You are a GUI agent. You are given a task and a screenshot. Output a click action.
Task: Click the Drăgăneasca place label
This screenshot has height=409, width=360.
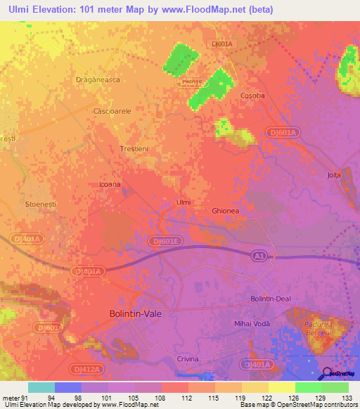[98, 80]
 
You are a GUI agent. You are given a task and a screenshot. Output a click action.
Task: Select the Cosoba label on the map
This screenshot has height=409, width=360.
[252, 96]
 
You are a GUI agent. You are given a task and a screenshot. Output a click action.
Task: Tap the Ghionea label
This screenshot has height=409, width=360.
[226, 211]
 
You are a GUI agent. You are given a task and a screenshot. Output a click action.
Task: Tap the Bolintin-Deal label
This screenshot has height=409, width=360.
[271, 299]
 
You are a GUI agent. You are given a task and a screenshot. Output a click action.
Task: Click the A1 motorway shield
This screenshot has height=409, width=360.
[259, 257]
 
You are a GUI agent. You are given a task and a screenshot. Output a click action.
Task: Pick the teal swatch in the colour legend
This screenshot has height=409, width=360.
[41, 387]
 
